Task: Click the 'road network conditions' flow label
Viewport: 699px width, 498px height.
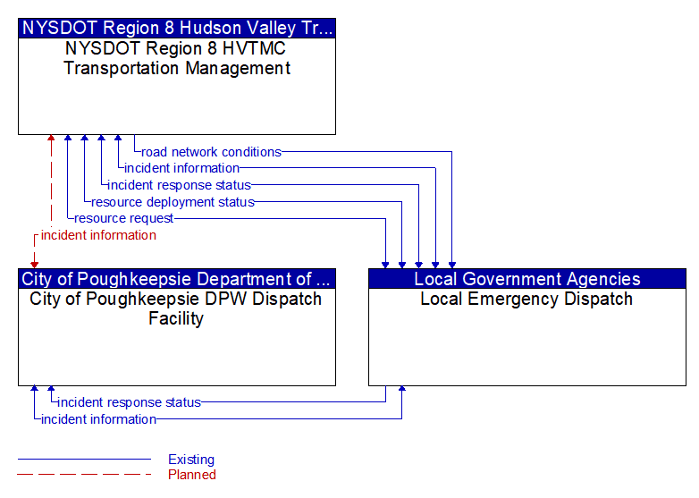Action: coord(211,152)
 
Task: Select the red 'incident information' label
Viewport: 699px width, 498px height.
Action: coord(98,235)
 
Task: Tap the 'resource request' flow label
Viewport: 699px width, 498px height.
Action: coord(123,218)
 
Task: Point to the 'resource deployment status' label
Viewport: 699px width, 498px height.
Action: coord(173,202)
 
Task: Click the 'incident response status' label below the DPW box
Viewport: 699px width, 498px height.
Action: coord(130,402)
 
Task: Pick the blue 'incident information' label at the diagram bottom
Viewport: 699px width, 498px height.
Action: coord(98,419)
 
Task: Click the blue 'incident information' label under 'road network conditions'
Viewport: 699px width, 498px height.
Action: coord(181,168)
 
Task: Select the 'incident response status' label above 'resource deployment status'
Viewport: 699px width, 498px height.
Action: coord(179,185)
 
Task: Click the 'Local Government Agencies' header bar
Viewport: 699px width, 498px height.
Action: coord(527,279)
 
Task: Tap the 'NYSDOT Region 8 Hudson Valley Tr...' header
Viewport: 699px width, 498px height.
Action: coord(177,28)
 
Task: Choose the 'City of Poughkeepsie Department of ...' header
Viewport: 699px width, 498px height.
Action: coord(177,279)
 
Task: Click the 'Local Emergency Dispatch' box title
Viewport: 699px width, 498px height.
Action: coord(526,299)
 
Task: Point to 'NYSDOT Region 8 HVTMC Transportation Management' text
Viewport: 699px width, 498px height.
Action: coord(177,58)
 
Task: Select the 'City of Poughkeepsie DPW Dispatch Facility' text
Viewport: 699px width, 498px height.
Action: coord(176,308)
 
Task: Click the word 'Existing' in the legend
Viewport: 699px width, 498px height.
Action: coord(191,460)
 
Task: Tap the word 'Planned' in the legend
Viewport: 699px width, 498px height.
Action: coord(192,475)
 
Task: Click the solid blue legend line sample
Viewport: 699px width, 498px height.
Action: coord(84,459)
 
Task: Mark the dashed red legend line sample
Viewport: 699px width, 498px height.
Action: coord(84,474)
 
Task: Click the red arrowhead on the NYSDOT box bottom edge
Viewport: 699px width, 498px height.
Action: coord(51,138)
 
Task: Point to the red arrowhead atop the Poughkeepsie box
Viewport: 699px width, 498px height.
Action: coord(34,266)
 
